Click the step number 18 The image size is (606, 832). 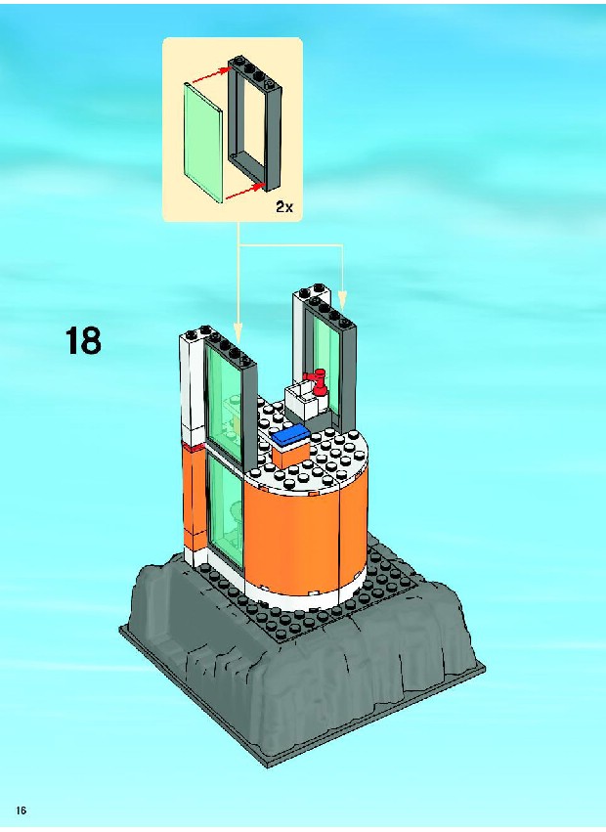click(x=84, y=340)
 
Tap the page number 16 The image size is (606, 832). click(x=22, y=810)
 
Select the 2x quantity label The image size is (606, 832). click(x=283, y=207)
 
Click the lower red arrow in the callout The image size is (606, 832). click(x=245, y=192)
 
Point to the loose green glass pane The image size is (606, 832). click(x=202, y=142)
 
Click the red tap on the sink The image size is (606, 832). click(x=318, y=381)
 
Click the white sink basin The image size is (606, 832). click(x=302, y=398)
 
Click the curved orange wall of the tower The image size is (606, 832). click(x=306, y=531)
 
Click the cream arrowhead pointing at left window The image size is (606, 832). click(x=238, y=333)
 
